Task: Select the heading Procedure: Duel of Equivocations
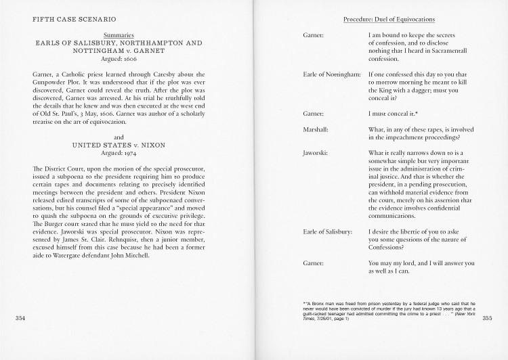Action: (x=389, y=19)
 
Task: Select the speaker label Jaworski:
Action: (x=315, y=154)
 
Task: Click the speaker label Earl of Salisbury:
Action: (x=327, y=232)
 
